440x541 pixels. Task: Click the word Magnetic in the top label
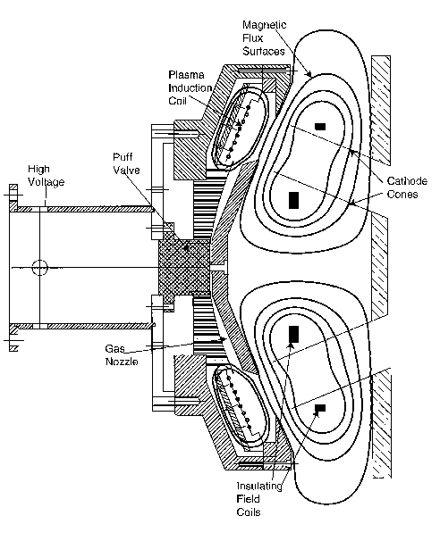265,25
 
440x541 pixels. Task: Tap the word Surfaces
264,51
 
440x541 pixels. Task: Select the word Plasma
186,75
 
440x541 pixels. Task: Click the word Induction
190,88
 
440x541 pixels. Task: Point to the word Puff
123,157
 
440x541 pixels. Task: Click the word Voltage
46,182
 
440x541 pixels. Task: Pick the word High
38,169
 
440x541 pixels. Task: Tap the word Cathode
407,181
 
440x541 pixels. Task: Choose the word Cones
402,195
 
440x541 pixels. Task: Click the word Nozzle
122,362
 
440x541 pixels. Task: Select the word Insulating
259,486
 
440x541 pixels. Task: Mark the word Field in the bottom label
248,499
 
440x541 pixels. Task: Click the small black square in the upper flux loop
320,127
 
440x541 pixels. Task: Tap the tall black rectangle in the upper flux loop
294,201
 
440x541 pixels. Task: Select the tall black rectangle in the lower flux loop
294,334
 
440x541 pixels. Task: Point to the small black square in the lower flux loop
320,408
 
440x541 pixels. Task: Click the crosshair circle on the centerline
39,268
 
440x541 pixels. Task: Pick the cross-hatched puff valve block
184,268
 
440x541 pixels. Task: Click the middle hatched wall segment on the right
379,268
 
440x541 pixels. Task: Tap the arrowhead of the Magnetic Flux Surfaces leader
309,73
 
